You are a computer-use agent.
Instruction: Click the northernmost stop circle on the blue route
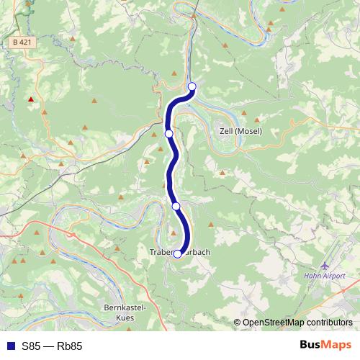tap(192, 87)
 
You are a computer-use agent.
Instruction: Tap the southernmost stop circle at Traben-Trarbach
tap(178, 253)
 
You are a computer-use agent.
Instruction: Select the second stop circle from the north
tap(168, 133)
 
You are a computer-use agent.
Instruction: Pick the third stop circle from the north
tap(176, 206)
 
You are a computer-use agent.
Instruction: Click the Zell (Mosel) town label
tap(240, 131)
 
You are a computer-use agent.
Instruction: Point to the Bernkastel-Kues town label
tap(125, 312)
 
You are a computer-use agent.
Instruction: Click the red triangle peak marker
tap(30, 99)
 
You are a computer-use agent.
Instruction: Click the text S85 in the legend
tap(32, 346)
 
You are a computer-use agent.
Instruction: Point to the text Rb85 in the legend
tap(71, 346)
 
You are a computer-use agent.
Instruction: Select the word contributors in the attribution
tap(330, 323)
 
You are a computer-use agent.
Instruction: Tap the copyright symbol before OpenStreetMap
tap(237, 323)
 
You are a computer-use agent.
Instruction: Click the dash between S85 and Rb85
tap(51, 346)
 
